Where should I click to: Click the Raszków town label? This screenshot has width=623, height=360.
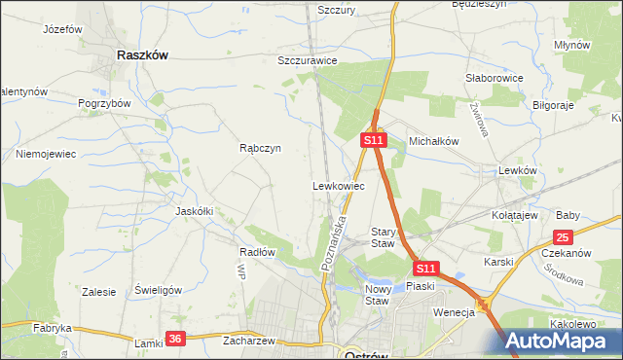pyautogui.click(x=142, y=55)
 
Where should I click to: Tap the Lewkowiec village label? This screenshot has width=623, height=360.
pyautogui.click(x=338, y=185)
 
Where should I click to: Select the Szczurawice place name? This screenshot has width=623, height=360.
pyautogui.click(x=307, y=60)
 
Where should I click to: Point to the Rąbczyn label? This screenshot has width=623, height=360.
pyautogui.click(x=260, y=149)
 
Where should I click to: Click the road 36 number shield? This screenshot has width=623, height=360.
pyautogui.click(x=174, y=338)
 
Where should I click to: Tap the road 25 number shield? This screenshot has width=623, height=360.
pyautogui.click(x=563, y=236)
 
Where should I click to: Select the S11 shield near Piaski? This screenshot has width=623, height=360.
pyautogui.click(x=425, y=268)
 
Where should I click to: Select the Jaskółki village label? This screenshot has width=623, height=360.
pyautogui.click(x=194, y=210)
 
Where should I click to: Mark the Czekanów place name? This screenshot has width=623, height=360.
pyautogui.click(x=565, y=253)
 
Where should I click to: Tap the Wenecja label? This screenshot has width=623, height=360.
pyautogui.click(x=454, y=311)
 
